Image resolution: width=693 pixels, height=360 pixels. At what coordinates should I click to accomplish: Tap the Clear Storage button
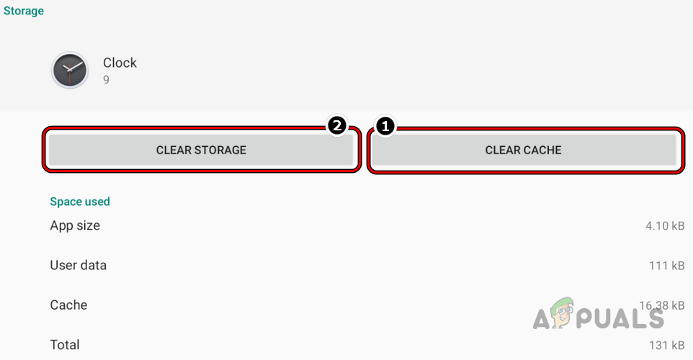201,150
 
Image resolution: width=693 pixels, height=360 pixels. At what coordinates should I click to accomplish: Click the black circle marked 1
385,127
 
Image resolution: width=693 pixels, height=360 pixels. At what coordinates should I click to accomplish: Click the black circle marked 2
336,127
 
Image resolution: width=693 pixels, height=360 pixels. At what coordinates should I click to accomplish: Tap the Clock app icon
70,71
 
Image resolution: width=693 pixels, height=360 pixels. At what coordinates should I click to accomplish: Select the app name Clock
120,63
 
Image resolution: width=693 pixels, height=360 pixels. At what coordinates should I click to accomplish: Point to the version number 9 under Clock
106,80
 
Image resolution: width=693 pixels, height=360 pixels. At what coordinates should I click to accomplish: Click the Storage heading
24,11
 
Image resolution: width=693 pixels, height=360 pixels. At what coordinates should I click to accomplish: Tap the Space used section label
79,202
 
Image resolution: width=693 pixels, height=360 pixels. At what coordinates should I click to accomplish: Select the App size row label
75,225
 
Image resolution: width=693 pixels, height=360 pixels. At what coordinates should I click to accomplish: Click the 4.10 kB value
665,226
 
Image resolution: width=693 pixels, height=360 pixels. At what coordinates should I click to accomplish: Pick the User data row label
78,265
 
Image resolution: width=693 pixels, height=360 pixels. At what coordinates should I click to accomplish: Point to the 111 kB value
666,266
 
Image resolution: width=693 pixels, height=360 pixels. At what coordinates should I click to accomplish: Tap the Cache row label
68,305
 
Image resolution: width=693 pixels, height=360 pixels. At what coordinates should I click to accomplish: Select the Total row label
65,345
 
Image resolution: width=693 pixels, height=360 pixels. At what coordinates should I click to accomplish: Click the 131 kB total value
666,346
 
